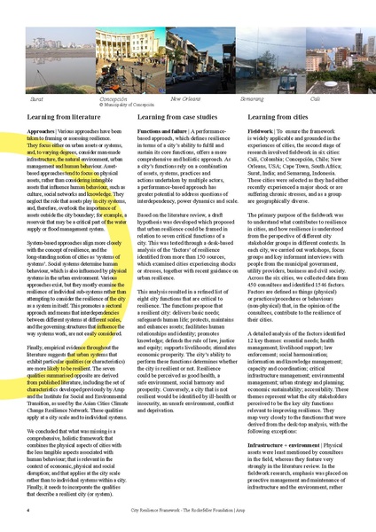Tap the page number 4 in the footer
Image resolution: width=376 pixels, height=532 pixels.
pyautogui.click(x=28, y=511)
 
